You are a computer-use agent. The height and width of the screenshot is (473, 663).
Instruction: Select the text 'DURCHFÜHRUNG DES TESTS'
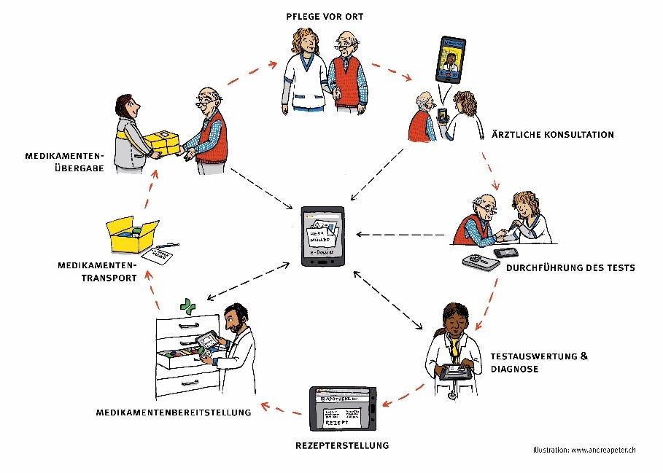(570, 267)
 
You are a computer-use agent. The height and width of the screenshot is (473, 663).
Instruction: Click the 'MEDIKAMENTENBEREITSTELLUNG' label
(174, 413)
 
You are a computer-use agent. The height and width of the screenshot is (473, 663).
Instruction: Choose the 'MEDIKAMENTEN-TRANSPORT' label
(96, 270)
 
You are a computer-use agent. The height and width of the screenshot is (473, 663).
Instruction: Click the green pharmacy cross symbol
(189, 307)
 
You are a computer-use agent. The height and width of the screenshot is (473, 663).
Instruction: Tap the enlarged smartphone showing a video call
(450, 60)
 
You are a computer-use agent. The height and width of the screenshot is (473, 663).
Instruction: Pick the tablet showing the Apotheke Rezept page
(343, 409)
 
